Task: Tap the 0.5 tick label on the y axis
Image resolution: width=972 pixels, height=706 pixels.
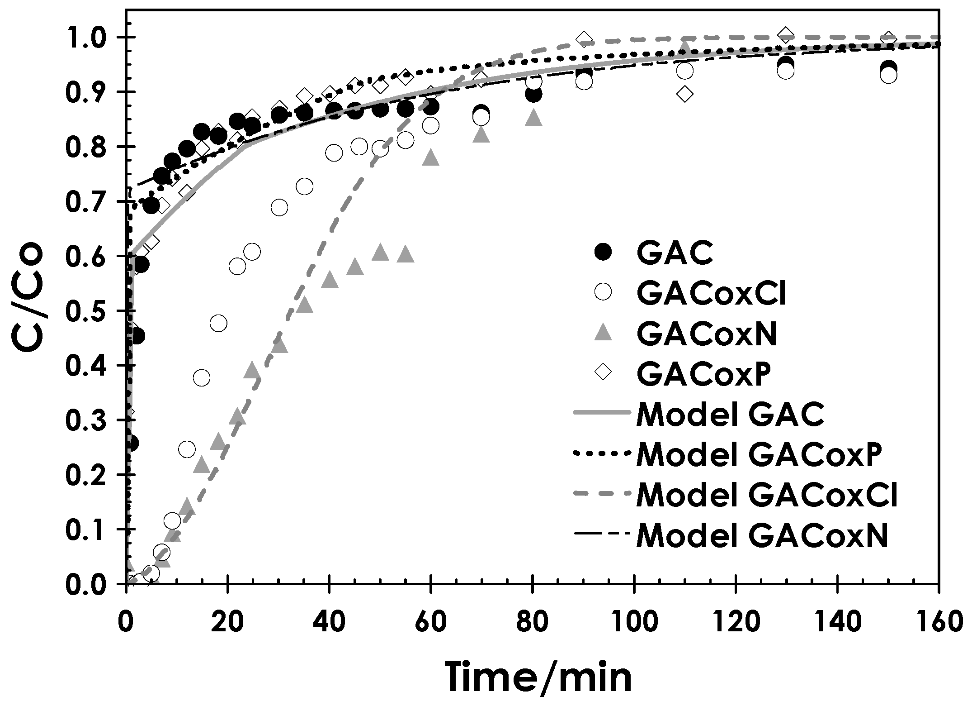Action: pos(90,311)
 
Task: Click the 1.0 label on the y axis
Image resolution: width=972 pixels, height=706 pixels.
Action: pos(90,38)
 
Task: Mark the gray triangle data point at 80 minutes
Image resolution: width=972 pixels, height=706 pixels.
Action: pos(534,118)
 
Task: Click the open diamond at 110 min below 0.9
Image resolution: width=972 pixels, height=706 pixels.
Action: pos(685,94)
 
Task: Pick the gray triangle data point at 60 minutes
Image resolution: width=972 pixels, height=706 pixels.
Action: pos(431,157)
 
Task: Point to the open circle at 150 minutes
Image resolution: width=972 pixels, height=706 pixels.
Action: pos(889,76)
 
